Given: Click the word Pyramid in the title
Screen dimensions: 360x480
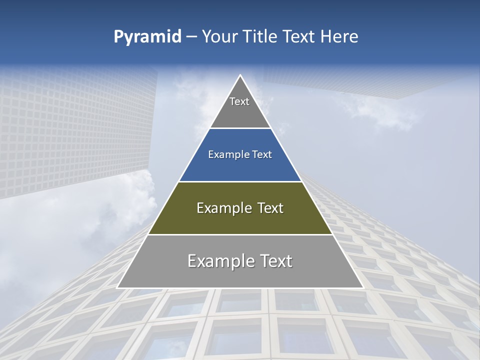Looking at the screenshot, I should click(x=147, y=37).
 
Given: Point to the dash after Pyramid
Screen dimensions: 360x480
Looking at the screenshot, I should click(x=191, y=37).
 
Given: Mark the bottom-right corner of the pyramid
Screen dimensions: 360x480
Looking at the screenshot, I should click(x=362, y=287).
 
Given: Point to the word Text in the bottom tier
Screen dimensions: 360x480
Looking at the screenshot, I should click(x=274, y=261).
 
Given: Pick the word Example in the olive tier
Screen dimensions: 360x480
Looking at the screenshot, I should click(x=222, y=208).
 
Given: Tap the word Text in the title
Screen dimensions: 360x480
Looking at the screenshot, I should click(x=300, y=36).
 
